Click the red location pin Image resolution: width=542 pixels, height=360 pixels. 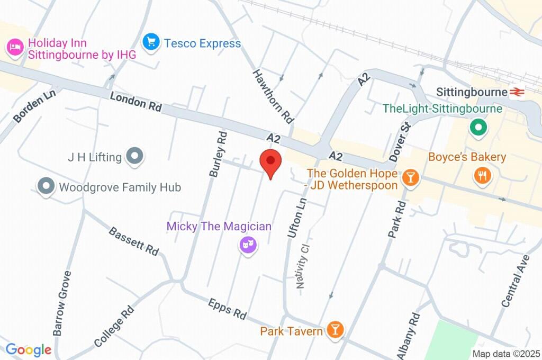coord(270,161)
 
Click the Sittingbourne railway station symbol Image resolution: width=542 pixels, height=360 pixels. coord(517,92)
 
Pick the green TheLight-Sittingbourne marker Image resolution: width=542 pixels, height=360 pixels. coord(478,128)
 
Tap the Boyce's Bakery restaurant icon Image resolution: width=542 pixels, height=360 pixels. coord(482,175)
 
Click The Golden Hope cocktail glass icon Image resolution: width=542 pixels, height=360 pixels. coord(410,178)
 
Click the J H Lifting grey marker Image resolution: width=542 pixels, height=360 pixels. coord(135,156)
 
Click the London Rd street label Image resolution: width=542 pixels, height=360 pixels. coord(135,101)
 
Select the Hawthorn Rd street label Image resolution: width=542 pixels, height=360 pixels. coord(273,96)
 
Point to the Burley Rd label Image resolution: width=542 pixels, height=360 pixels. coord(218,154)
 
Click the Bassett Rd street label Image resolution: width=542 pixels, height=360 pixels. coord(134,241)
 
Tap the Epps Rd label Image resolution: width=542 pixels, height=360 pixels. coord(228,308)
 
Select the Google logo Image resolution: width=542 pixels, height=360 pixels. coord(29,349)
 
